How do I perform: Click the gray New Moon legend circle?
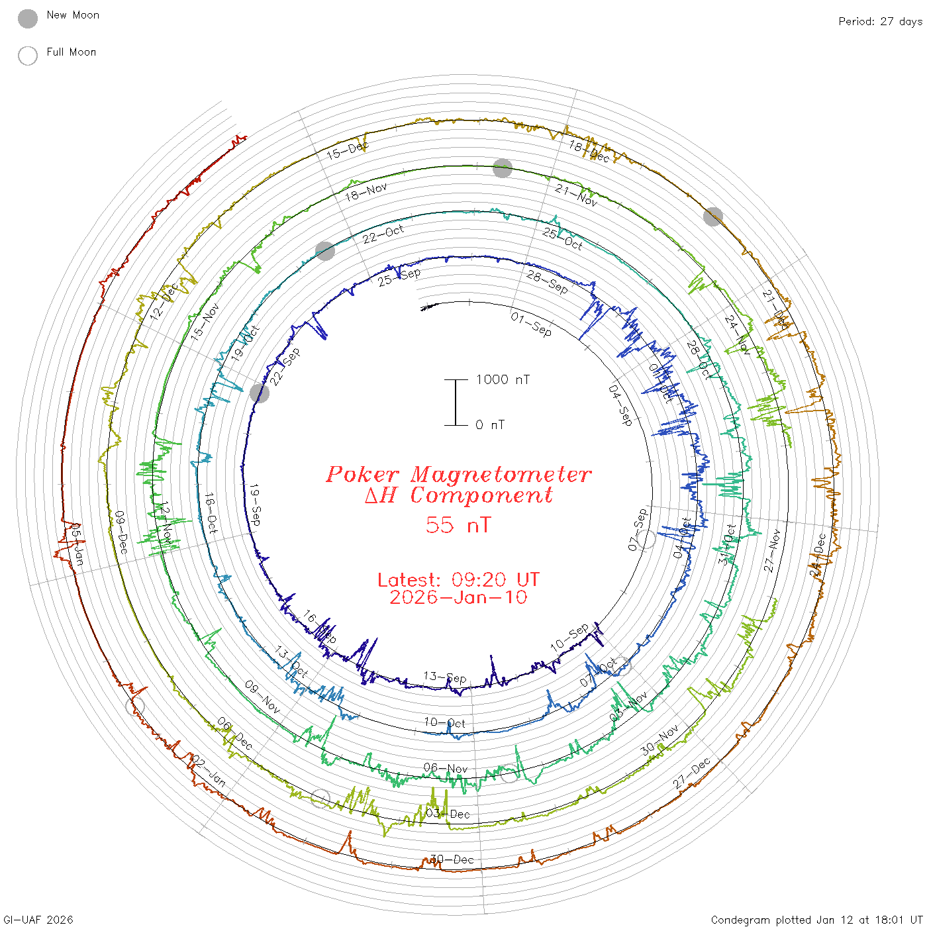coord(28,19)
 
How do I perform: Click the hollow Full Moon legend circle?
coord(28,56)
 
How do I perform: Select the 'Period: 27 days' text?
coord(880,22)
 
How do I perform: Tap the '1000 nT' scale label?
coord(503,379)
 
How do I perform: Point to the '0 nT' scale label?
coord(490,425)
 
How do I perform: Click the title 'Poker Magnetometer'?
coord(458,474)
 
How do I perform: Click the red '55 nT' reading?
coord(458,525)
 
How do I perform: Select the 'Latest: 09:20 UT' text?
coord(458,580)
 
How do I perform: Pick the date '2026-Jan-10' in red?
coord(458,597)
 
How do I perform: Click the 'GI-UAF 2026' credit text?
coord(38,920)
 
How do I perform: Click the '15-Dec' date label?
coord(347,150)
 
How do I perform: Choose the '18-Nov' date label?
coord(366,192)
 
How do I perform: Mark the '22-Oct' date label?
coord(383,234)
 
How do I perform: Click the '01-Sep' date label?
coord(531,324)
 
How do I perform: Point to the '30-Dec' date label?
coord(453,859)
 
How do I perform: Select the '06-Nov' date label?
coord(446,768)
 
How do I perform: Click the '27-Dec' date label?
coord(692,773)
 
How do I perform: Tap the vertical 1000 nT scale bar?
coord(456,403)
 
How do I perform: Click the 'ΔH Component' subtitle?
coord(458,495)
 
